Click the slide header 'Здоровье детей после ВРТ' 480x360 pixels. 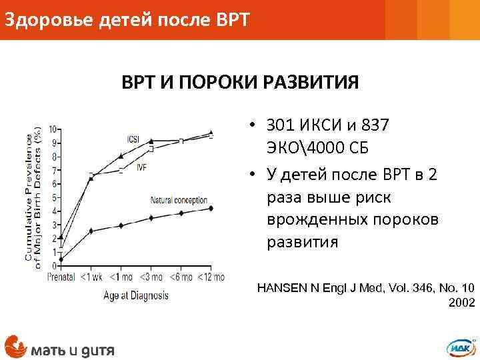(127, 20)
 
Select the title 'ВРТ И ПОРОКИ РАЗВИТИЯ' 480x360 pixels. (240, 83)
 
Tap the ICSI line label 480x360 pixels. (133, 139)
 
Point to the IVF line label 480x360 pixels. (141, 168)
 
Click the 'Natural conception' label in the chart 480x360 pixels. (179, 200)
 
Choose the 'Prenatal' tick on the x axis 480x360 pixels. (61, 277)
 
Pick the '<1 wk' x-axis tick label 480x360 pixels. (91, 277)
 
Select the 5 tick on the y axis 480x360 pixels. (53, 197)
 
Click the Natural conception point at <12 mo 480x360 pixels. (211, 209)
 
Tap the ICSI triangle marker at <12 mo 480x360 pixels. (211, 133)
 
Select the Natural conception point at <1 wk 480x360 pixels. (91, 231)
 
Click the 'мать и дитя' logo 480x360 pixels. (59, 347)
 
